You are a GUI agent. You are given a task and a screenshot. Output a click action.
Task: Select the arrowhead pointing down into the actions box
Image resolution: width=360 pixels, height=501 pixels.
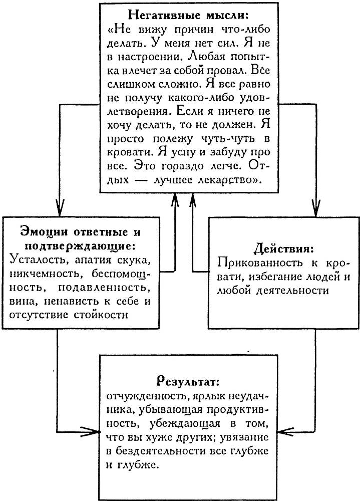(316, 206)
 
